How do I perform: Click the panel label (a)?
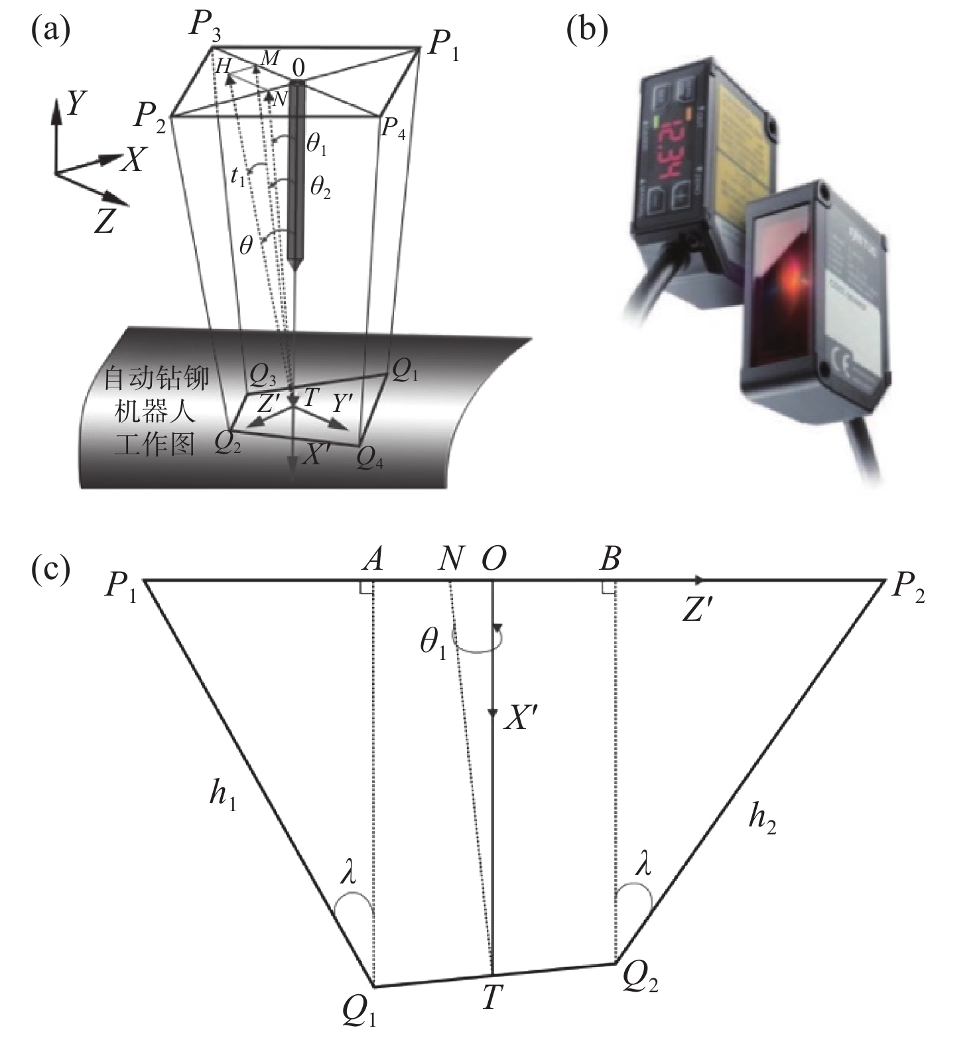coord(50,31)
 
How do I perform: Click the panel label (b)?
coord(588,31)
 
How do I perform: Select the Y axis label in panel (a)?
coord(78,103)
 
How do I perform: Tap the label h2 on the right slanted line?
coord(762,818)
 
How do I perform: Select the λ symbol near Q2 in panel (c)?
coord(643,864)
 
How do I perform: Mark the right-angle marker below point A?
coord(366,588)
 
